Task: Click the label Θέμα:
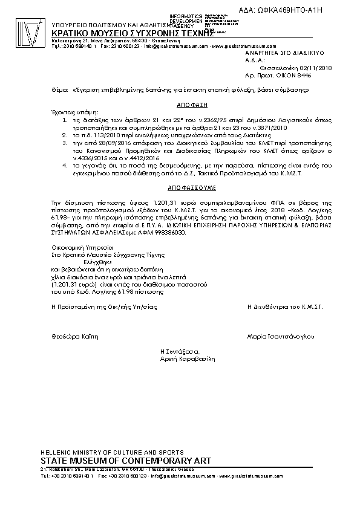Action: [x=60, y=89]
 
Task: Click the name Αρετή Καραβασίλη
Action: [x=188, y=358]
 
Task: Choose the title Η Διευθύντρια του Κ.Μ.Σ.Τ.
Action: [x=285, y=307]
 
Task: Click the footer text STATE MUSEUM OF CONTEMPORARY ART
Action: [x=125, y=461]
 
